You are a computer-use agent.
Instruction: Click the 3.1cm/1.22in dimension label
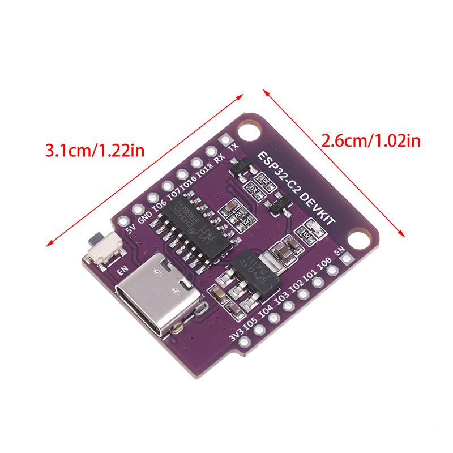96,151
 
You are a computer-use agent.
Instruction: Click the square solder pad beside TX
226,138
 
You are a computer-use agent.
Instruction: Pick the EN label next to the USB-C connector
122,271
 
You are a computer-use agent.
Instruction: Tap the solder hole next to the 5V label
137,209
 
